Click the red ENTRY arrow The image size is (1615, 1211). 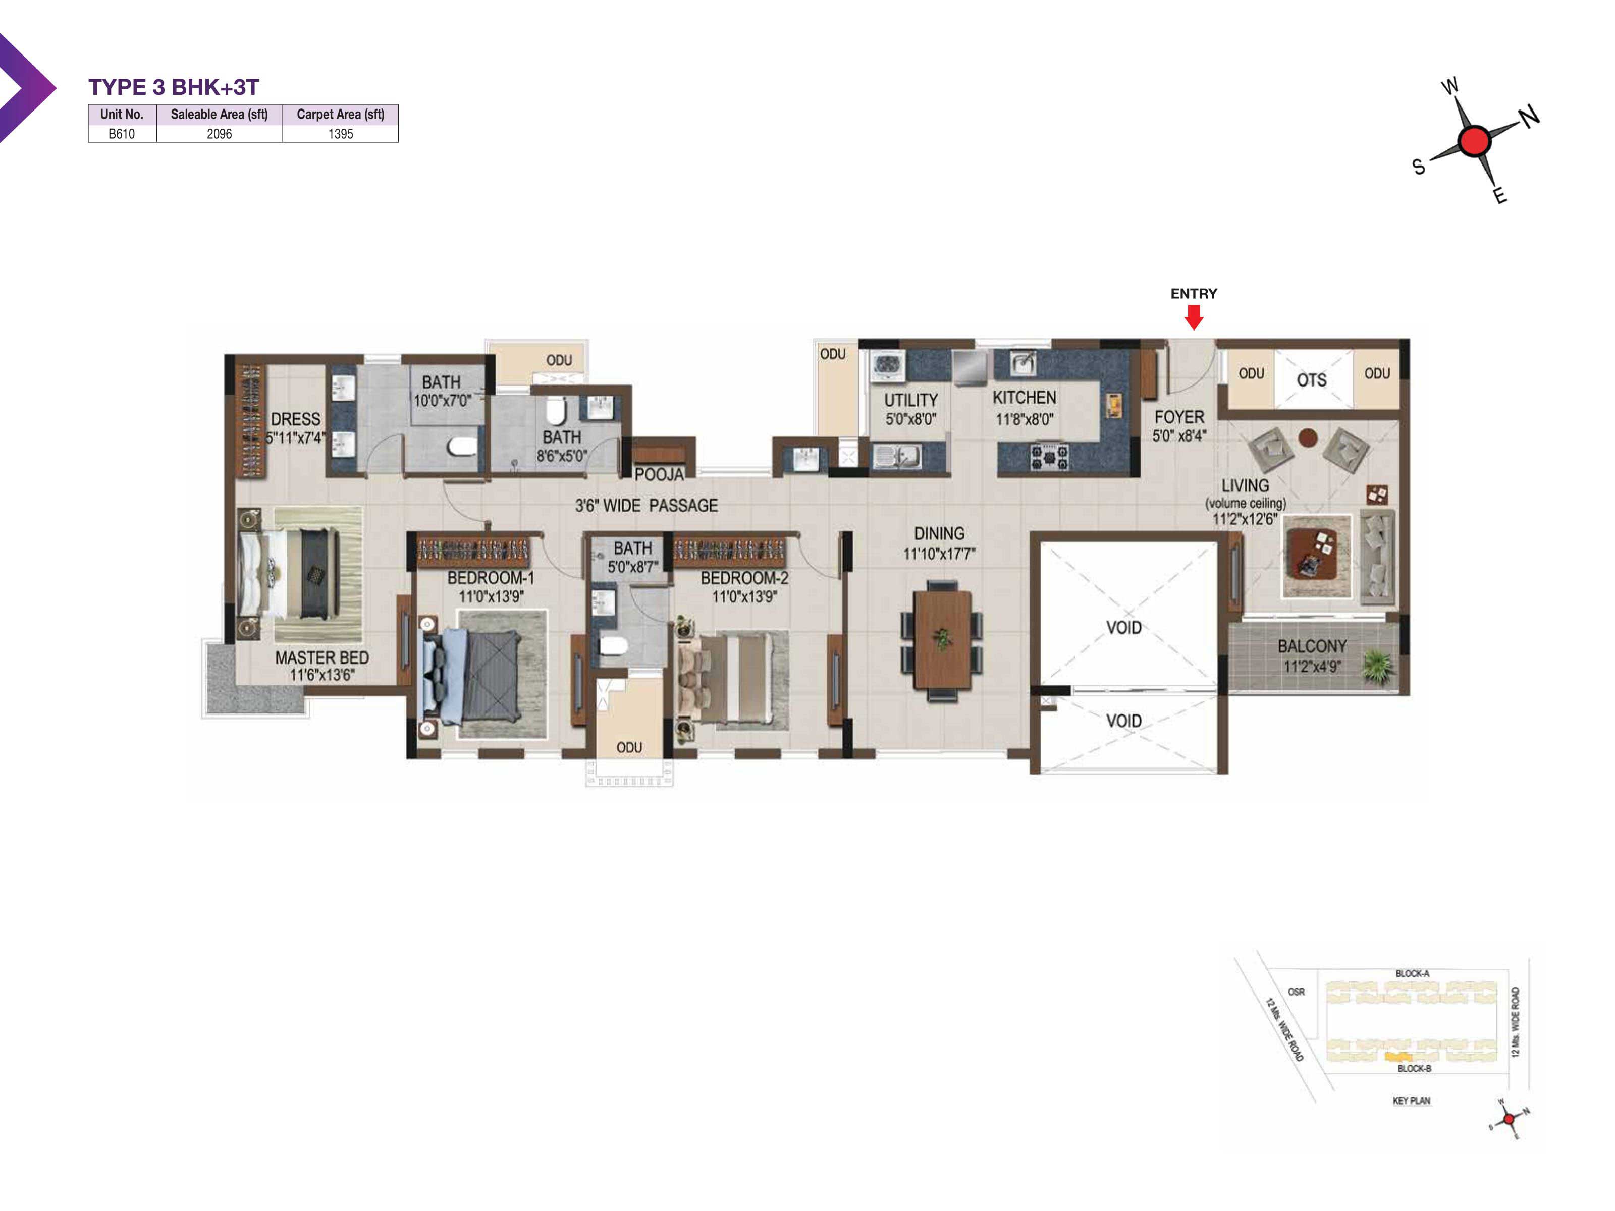1193,317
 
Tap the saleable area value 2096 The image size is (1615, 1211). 219,134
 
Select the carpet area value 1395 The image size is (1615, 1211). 340,134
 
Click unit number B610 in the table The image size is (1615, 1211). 121,134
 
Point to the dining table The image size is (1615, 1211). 942,639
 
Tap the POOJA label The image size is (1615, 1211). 659,474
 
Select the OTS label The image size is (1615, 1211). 1311,380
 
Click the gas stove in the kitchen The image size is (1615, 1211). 1049,457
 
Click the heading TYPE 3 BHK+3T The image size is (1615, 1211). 174,87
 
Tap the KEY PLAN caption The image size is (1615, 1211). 1411,1101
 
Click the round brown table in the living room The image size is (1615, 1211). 1308,437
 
